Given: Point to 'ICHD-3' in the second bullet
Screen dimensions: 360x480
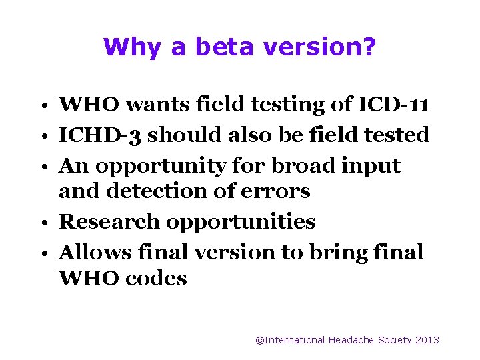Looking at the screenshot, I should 99,135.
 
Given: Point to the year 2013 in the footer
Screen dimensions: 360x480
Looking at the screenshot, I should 427,340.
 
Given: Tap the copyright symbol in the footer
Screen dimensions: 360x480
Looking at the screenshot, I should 259,340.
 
